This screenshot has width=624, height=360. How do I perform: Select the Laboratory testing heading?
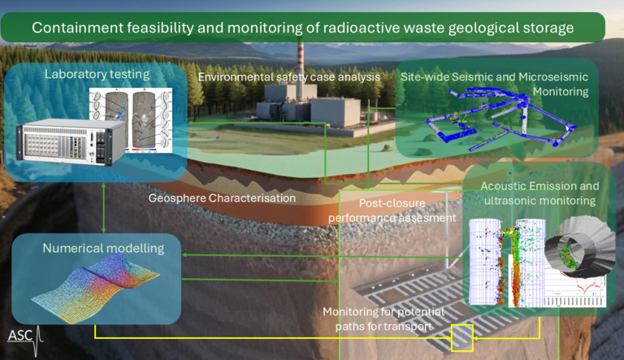(x=97, y=76)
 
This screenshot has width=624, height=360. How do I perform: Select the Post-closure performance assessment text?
(x=407, y=210)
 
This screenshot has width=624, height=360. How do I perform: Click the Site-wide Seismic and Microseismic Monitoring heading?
(x=495, y=84)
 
